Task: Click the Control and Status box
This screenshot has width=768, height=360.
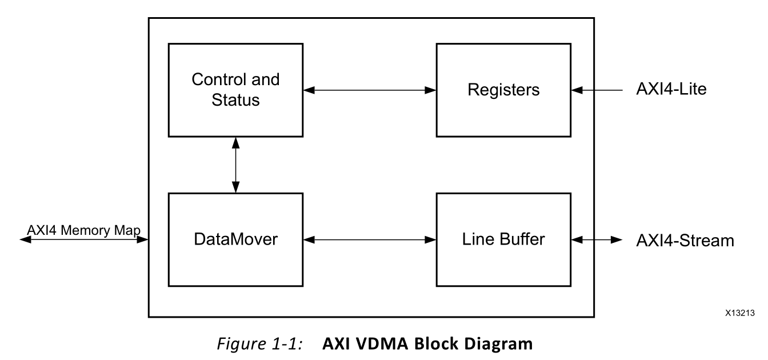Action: pyautogui.click(x=235, y=89)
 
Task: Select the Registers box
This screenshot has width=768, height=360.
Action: pyautogui.click(x=503, y=89)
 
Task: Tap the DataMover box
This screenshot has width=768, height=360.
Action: pyautogui.click(x=235, y=240)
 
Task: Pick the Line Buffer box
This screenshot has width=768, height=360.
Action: pyautogui.click(x=503, y=240)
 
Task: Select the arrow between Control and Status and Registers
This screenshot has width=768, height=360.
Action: pyautogui.click(x=369, y=90)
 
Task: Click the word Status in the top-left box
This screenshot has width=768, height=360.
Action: pyautogui.click(x=235, y=100)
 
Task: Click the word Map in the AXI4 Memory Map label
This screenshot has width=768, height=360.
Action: pyautogui.click(x=131, y=230)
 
